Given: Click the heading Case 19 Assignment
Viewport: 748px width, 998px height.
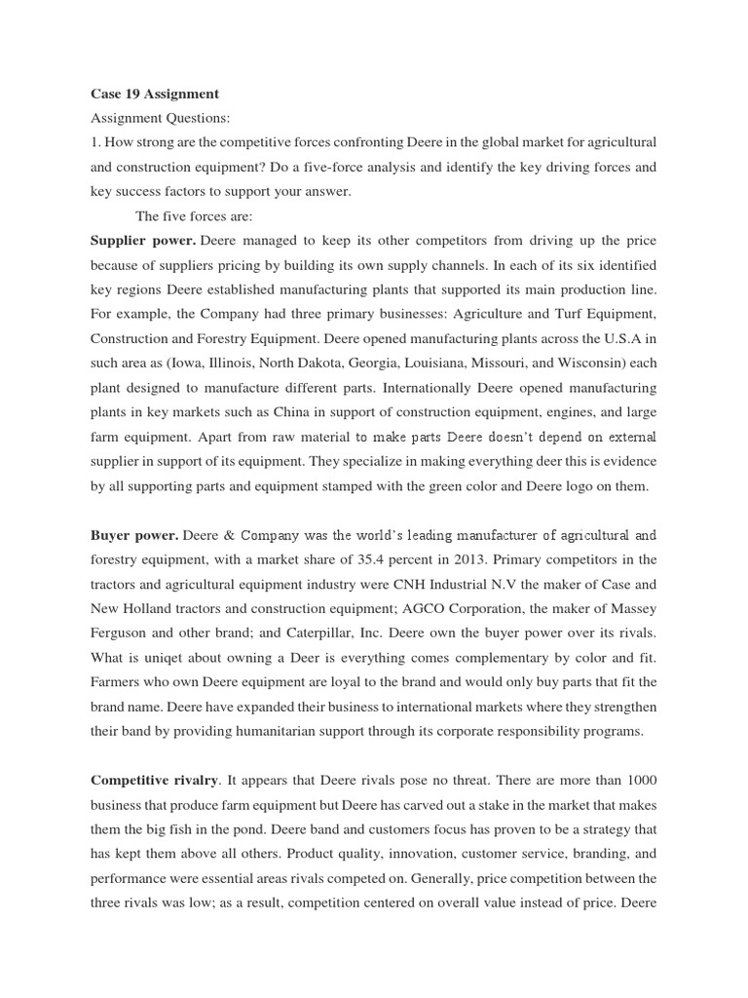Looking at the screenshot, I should click(154, 95).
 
